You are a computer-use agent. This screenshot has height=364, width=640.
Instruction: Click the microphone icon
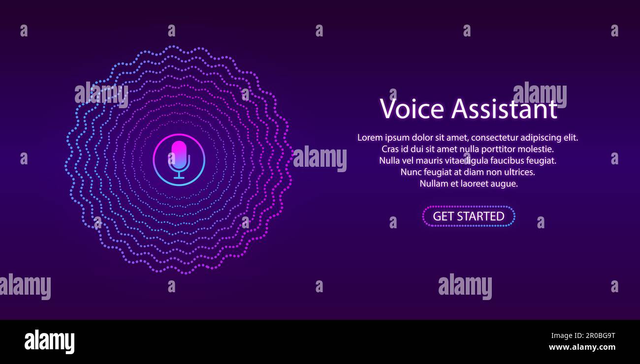[x=179, y=159]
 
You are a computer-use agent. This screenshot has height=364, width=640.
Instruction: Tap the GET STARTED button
[x=468, y=216]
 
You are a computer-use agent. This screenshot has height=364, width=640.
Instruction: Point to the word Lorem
[x=370, y=138]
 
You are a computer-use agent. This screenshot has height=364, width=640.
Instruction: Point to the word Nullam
[x=434, y=183]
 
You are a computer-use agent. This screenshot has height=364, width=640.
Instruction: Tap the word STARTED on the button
[x=480, y=216]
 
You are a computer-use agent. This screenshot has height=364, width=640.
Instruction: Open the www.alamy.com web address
[x=582, y=347]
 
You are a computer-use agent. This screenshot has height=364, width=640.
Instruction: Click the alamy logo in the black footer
[x=49, y=342]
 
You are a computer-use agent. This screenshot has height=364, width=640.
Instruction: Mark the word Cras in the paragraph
[x=390, y=149]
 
